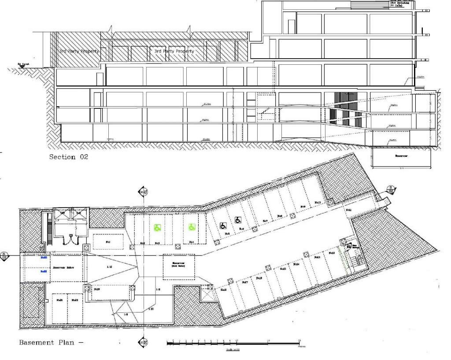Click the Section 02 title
point(68,157)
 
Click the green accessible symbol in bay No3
point(157,228)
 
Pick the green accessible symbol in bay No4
point(192,227)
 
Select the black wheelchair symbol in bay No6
point(238,219)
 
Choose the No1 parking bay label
point(108,242)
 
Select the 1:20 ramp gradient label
point(151,309)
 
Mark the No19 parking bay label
point(96,289)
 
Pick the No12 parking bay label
point(333,252)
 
